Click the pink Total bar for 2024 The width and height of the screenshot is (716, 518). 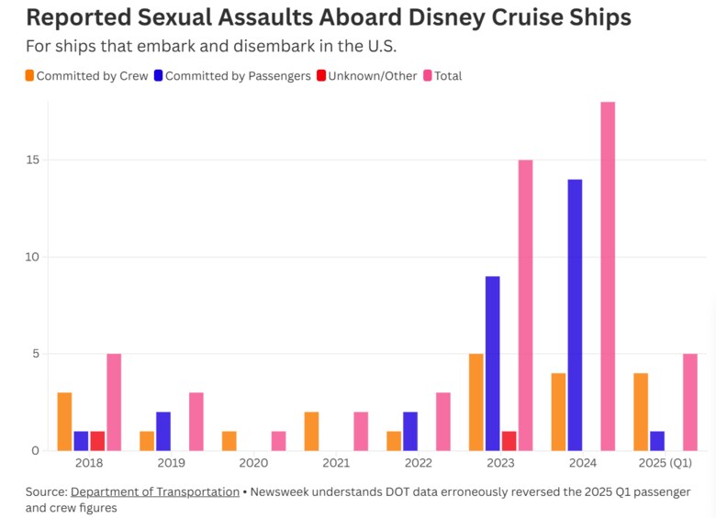coord(608,275)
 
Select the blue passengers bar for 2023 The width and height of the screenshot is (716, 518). coord(493,363)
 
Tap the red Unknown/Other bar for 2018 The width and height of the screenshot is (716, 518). coord(97,441)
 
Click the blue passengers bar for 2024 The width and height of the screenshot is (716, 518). coord(575,314)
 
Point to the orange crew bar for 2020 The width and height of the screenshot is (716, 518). coord(229,441)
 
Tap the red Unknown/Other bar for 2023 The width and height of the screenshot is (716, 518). coord(509,441)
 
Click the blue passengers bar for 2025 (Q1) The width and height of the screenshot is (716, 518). coord(657,441)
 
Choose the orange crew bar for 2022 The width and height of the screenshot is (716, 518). coord(394,441)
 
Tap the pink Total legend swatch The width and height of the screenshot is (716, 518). coord(427,76)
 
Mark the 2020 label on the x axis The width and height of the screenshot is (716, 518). coord(254,463)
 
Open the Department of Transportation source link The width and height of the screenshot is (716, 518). coord(154,491)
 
